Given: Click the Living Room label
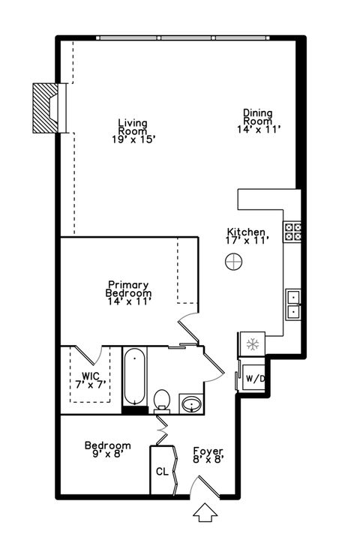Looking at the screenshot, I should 132,130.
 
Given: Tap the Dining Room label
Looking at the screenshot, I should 257,121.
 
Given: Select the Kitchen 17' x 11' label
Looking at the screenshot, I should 247,236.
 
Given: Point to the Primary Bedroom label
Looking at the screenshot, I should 129,292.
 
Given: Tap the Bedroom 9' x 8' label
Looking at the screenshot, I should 107,449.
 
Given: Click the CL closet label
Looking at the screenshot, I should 161,472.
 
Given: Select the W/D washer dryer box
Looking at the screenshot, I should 255,379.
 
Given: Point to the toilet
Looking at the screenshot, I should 162,398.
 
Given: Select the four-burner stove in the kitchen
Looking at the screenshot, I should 292,232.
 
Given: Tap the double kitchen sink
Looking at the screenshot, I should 293,303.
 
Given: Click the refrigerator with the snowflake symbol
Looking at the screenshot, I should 252,344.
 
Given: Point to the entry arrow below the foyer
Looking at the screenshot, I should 203,514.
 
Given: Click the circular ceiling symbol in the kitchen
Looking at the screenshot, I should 234,262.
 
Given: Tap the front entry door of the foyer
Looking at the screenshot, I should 202,487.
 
